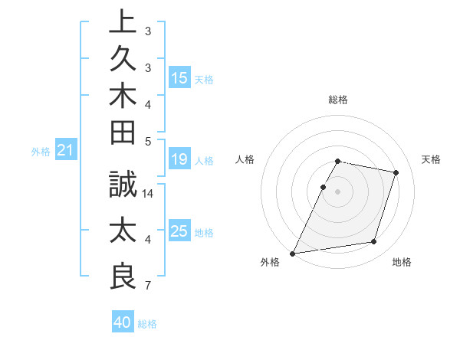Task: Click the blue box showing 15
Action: (179, 78)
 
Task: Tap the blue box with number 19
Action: (179, 159)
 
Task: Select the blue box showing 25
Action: (179, 231)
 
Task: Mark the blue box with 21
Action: (66, 151)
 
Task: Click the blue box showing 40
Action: (123, 322)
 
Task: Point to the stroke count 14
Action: (148, 193)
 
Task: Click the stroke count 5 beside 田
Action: (148, 141)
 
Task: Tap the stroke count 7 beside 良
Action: (148, 286)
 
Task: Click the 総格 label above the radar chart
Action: (338, 100)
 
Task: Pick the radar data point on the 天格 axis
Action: (396, 172)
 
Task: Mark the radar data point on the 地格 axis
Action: (374, 242)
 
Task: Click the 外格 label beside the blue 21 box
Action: (41, 152)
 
